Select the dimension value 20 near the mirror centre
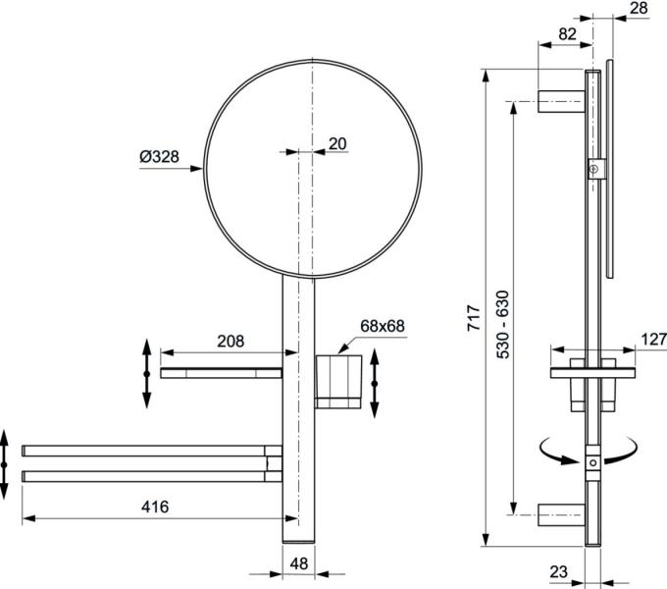(336, 143)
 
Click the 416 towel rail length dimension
(154, 507)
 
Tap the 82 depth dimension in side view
(567, 33)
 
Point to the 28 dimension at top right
(637, 8)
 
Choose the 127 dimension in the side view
(652, 339)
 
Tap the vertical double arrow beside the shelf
(146, 373)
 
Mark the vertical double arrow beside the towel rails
(6, 462)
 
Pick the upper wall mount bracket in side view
(560, 100)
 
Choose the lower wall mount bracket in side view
(560, 513)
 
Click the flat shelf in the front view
(222, 373)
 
